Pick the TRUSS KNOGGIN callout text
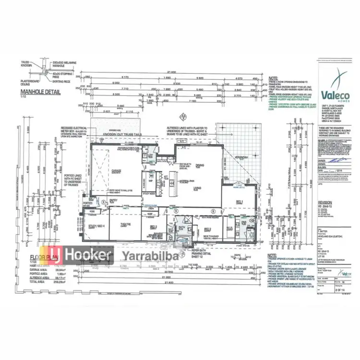(26, 63)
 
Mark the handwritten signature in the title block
(331, 169)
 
